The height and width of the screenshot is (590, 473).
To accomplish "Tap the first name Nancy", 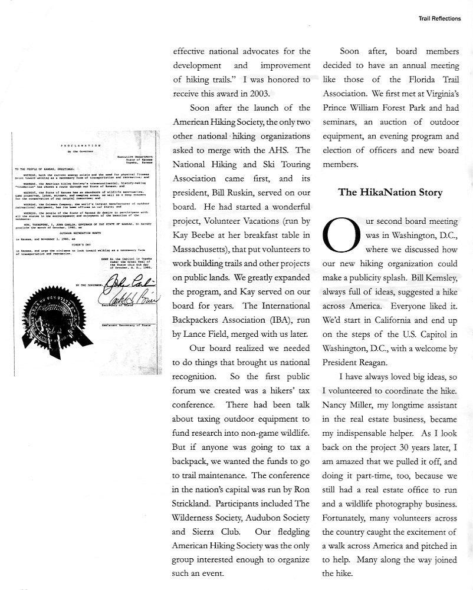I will pos(337,406).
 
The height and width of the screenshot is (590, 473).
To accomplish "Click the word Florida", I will pos(402,79).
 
